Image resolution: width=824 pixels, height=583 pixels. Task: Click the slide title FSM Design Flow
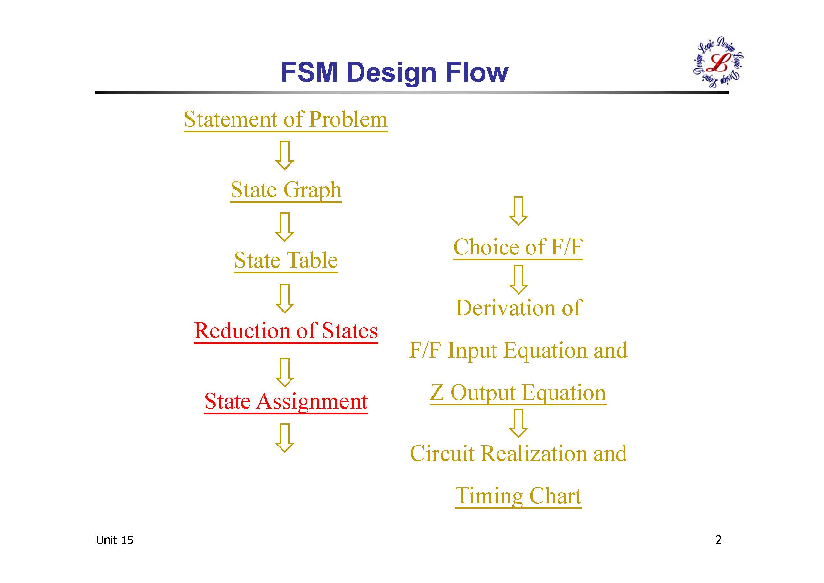[x=395, y=72]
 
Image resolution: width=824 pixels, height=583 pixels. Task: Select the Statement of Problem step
[x=286, y=120]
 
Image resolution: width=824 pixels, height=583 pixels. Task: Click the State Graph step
[x=286, y=191]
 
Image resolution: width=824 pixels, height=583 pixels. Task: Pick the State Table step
[x=286, y=261]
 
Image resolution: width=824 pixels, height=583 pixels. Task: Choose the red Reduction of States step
[x=286, y=331]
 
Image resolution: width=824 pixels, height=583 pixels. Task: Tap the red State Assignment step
[x=286, y=402]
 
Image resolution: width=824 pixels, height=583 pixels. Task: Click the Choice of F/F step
[x=518, y=248]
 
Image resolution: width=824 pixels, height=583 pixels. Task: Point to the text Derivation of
[x=518, y=308]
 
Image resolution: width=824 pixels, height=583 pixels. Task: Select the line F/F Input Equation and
[x=518, y=351]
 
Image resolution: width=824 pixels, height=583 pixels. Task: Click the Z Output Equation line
[x=518, y=393]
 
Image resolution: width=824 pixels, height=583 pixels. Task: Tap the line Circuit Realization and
[x=518, y=453]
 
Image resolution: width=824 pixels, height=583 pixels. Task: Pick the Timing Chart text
[x=518, y=496]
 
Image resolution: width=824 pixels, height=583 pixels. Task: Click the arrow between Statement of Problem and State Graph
[x=285, y=155]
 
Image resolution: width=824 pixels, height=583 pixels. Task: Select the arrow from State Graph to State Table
[x=285, y=227]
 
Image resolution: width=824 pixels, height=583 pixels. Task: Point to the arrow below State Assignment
[x=285, y=437]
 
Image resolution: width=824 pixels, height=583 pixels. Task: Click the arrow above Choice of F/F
[x=518, y=211]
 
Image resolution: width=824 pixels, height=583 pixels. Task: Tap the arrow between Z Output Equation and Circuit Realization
[x=518, y=423]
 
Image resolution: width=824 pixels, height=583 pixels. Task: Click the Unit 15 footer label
[x=114, y=540]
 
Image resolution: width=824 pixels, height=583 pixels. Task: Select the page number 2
[x=719, y=540]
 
